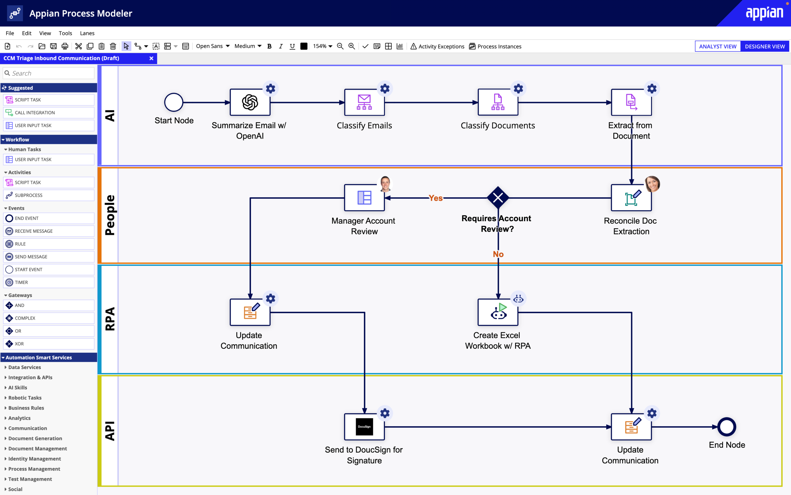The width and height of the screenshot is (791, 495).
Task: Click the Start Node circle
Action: [174, 102]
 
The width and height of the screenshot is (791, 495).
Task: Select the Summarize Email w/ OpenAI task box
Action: [250, 102]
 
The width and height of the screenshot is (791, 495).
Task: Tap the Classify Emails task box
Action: [364, 102]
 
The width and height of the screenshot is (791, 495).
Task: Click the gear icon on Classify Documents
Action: [518, 89]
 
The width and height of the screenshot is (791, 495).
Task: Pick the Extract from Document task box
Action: [631, 102]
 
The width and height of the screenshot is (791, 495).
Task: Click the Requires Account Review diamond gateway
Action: [498, 198]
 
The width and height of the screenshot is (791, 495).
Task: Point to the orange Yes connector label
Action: [435, 198]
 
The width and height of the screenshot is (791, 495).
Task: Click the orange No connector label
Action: [498, 254]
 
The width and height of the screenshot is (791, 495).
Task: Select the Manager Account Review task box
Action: [364, 198]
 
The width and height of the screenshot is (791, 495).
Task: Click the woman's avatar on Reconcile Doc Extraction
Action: [652, 184]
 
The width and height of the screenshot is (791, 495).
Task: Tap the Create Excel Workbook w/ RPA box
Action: [498, 312]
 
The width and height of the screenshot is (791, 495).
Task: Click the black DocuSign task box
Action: [364, 427]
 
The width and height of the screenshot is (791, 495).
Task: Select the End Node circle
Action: [727, 427]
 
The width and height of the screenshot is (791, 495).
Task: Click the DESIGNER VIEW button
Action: [764, 46]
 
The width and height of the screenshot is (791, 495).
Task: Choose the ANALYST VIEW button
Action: [717, 46]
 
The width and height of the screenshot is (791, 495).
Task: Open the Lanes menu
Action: [87, 33]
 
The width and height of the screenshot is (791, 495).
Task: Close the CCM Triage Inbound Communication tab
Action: [151, 58]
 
